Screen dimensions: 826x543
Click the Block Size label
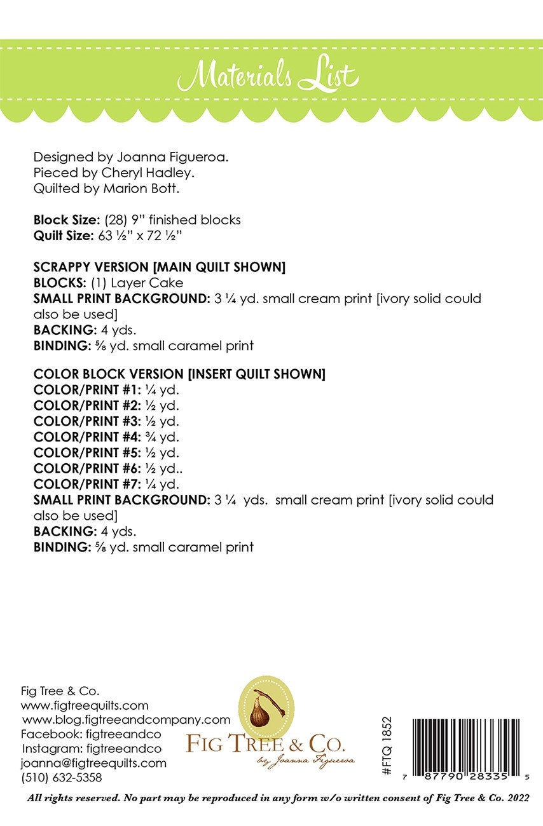tap(62, 220)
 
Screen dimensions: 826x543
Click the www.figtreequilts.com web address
tap(85, 705)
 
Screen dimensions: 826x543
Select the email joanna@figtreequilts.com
tap(93, 763)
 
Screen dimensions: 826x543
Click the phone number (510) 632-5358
tap(61, 778)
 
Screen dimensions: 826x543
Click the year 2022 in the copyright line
tap(514, 797)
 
